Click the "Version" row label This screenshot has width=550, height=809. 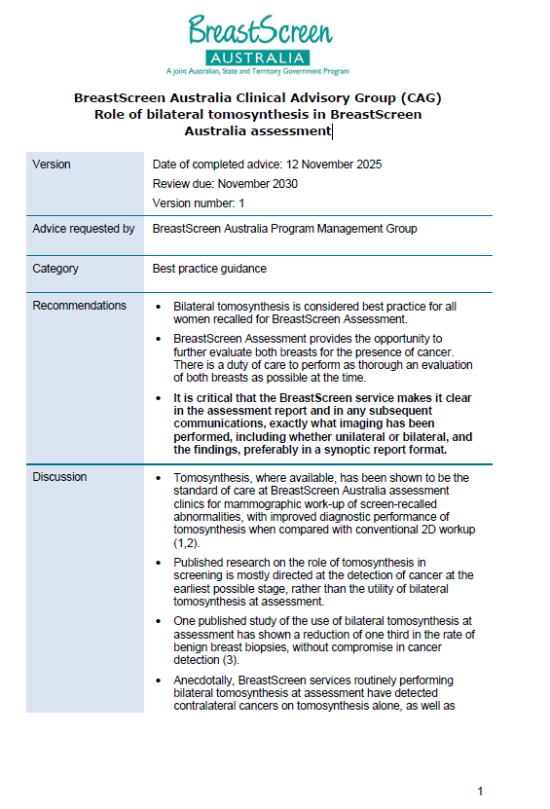tap(52, 165)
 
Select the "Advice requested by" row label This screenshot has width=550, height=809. tap(84, 229)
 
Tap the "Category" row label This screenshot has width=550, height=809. tap(55, 269)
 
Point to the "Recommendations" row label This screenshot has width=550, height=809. tap(80, 306)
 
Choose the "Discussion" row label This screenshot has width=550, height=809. tap(59, 477)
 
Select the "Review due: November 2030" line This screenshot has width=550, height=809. tap(225, 184)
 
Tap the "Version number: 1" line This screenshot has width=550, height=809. tap(199, 203)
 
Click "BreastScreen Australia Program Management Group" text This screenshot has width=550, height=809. tap(284, 229)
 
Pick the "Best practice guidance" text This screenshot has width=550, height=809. tap(209, 269)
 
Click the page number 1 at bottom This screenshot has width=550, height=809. tap(480, 791)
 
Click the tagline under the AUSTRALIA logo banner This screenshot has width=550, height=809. tap(258, 71)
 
